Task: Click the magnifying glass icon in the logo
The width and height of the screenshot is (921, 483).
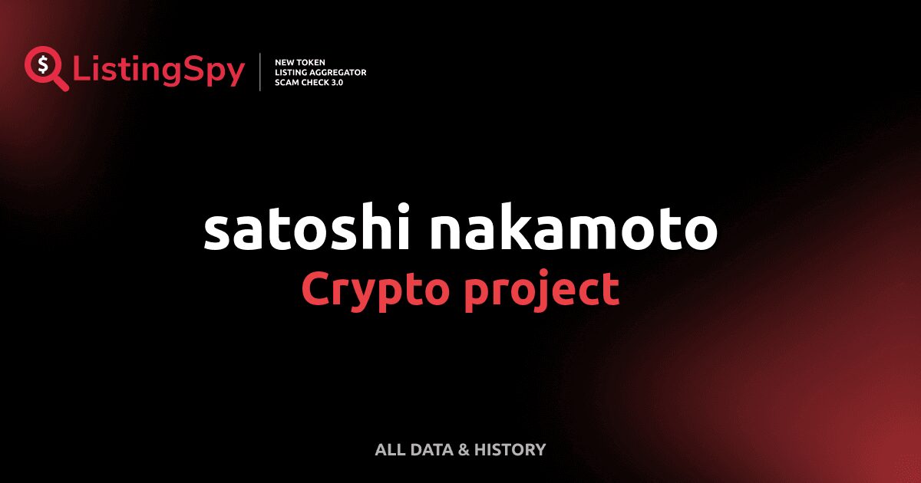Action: (x=42, y=64)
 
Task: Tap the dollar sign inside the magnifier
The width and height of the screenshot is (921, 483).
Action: (x=42, y=64)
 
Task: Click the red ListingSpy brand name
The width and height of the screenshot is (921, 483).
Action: (x=159, y=71)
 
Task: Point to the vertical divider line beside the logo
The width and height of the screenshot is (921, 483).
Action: (x=261, y=72)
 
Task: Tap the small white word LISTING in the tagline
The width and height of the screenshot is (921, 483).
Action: (x=291, y=72)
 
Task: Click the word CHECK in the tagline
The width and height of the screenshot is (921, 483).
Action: (x=316, y=82)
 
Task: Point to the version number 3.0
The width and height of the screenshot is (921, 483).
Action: (x=338, y=82)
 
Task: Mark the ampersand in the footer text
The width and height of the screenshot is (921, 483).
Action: (x=464, y=450)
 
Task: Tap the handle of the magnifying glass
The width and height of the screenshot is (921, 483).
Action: (x=61, y=83)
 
